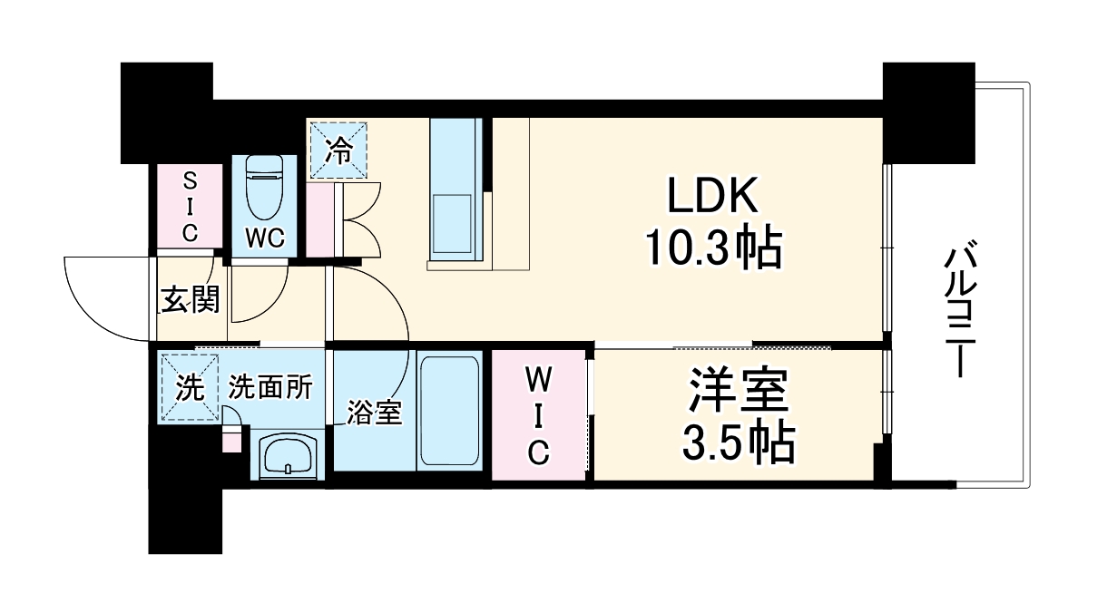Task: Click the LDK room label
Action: coord(711,196)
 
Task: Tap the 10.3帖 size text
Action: coord(712,246)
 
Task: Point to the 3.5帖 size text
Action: coord(738,444)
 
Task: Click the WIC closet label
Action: coord(538,413)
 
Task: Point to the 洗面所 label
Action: coord(269,387)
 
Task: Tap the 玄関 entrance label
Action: coord(190,298)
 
